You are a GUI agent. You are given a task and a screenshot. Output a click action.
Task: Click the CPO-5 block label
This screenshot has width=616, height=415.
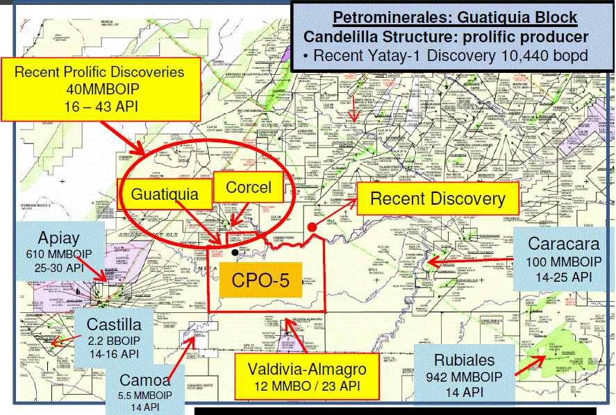pyautogui.click(x=260, y=281)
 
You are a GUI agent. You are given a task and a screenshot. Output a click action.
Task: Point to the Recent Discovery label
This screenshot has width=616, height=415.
pyautogui.click(x=438, y=199)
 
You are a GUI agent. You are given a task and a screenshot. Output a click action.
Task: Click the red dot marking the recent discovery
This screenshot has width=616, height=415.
pyautogui.click(x=312, y=227)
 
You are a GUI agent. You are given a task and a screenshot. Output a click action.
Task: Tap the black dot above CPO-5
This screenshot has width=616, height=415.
pyautogui.click(x=236, y=253)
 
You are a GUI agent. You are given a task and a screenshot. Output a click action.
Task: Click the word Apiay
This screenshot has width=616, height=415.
pyautogui.click(x=64, y=235)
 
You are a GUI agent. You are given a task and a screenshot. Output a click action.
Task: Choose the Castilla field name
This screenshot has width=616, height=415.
pyautogui.click(x=114, y=324)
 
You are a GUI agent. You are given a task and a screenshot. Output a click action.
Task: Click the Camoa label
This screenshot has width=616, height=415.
pyautogui.click(x=144, y=380)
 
